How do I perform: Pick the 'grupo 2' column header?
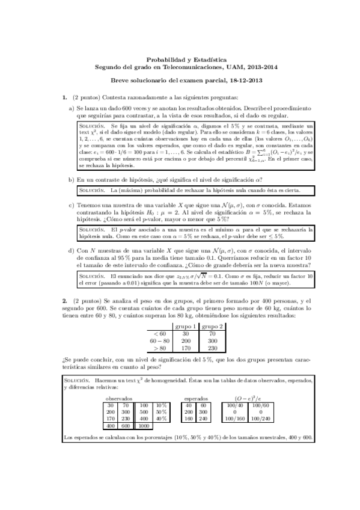pos(213,327)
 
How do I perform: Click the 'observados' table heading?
pos(119,398)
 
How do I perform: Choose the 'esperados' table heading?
pos(197,398)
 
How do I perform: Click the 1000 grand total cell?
pos(144,426)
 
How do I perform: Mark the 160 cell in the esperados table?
pos(189,419)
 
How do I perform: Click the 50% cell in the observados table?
pos(162,412)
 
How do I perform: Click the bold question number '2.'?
pos(65,300)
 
